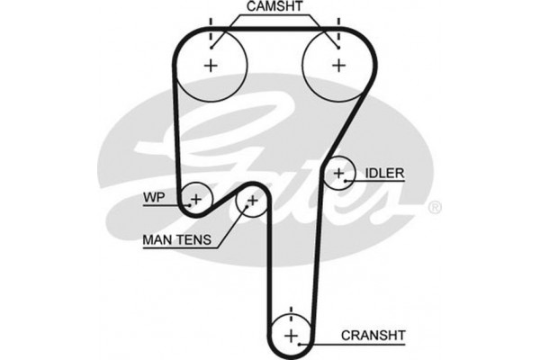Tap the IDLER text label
[x=384, y=173]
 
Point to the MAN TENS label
[x=176, y=240]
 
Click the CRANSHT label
[x=372, y=336]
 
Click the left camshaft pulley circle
[x=211, y=64]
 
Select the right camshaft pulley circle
[x=338, y=64]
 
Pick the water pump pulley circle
[x=196, y=196]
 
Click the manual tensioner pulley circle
[x=252, y=202]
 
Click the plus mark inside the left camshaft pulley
[x=211, y=64]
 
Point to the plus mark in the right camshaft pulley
[x=338, y=64]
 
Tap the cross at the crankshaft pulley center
[x=291, y=335]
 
